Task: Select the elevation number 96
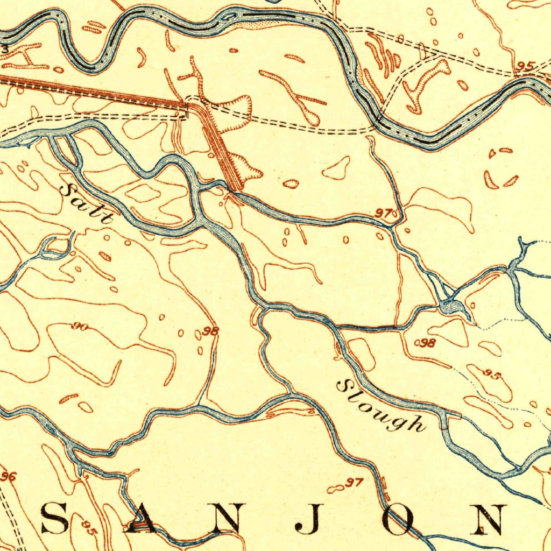pyautogui.click(x=9, y=476)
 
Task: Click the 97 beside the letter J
pyautogui.click(x=355, y=482)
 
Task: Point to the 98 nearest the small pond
pyautogui.click(x=428, y=343)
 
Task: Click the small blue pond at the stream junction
pyautogui.click(x=453, y=308)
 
